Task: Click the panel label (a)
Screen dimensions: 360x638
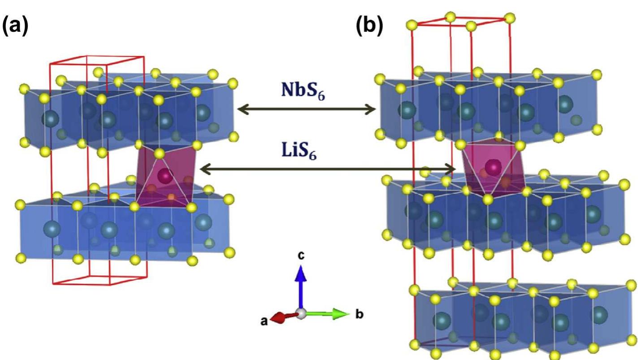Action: coord(15,26)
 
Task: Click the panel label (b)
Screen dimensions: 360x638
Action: coord(369,26)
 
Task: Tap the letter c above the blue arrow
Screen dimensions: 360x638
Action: coord(301,255)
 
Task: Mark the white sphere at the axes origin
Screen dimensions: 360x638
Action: coord(302,314)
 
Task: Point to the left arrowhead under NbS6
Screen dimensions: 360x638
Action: coord(241,108)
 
